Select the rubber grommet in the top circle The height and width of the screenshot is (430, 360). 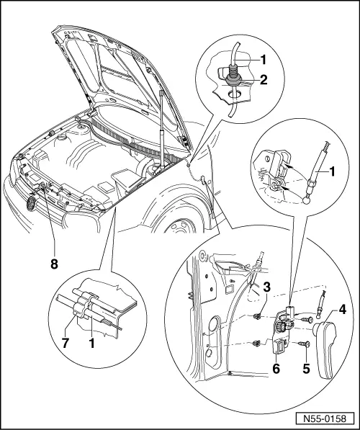[235, 73]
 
